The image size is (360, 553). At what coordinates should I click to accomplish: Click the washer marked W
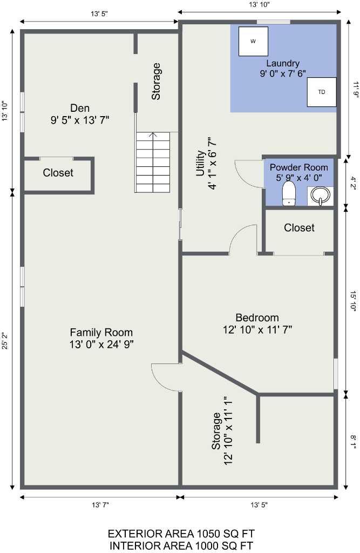point(253,41)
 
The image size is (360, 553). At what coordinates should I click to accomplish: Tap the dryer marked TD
point(321,92)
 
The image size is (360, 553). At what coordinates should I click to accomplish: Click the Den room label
point(80,107)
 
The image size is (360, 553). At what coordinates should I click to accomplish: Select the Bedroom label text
point(257,318)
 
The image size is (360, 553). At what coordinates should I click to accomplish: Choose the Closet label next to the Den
point(58,173)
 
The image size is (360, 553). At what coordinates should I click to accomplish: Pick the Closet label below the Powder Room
point(299,228)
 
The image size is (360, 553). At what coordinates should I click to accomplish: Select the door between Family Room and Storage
point(165,375)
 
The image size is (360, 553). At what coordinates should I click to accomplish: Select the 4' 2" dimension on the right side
point(354,180)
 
